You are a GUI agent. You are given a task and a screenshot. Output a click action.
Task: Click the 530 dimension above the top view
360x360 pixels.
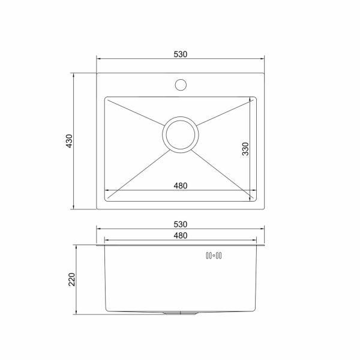tap(181, 55)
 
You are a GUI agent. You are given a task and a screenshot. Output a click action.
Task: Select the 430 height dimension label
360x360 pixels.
tap(69, 141)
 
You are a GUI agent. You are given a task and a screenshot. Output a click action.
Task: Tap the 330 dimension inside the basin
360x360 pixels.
tap(245, 149)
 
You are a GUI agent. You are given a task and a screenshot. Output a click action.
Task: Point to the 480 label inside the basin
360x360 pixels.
tap(181, 185)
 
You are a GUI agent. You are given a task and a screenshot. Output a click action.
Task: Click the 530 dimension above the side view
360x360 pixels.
tap(181, 224)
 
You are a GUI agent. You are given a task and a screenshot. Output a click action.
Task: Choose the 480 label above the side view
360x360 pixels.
tap(181, 236)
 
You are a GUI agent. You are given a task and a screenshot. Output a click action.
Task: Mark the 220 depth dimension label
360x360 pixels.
tap(72, 280)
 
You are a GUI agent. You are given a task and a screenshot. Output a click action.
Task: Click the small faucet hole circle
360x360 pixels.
tap(181, 85)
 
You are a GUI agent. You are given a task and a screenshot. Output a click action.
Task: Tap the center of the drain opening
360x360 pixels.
tap(181, 135)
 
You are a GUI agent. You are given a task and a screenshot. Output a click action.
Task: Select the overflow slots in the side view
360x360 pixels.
tap(214, 256)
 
